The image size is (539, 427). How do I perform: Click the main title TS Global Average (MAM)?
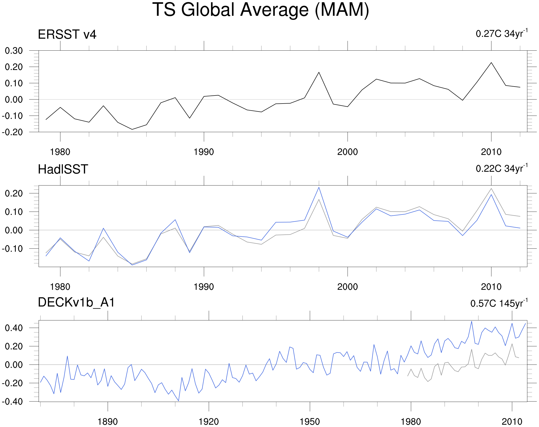click(260, 10)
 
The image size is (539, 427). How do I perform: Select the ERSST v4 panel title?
click(67, 34)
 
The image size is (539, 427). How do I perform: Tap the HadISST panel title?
click(63, 169)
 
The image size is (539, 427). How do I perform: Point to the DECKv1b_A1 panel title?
click(76, 302)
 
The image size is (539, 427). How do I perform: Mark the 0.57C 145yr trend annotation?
click(499, 303)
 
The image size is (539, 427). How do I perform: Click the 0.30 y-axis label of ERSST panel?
click(14, 51)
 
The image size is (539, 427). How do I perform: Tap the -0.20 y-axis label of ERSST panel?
click(13, 132)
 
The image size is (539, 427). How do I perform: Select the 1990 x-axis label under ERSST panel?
click(204, 152)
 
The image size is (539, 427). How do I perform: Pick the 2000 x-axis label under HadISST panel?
click(347, 287)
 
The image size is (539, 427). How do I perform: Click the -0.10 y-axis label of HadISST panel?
click(13, 249)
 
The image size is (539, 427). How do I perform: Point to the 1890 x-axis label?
click(107, 422)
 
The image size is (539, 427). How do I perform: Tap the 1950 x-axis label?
click(310, 422)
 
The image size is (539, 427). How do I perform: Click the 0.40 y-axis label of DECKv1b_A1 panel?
click(14, 328)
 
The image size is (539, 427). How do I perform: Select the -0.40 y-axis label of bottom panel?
click(13, 402)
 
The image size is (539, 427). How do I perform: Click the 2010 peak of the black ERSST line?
click(491, 62)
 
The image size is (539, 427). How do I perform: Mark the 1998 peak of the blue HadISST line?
click(319, 187)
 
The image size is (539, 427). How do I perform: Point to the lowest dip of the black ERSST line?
click(132, 129)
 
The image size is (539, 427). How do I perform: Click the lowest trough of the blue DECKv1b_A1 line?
click(179, 401)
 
